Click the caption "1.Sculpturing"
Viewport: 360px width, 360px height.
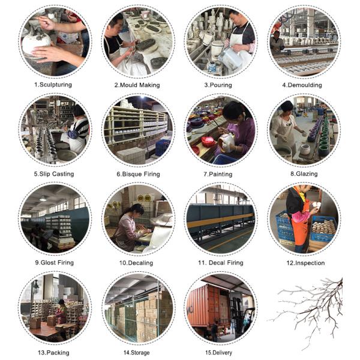[x=53, y=85]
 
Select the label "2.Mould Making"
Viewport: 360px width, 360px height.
[x=137, y=85]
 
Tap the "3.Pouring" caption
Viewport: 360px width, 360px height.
[x=218, y=85]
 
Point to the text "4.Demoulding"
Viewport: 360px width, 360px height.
[x=302, y=85]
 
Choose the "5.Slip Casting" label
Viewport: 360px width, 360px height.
[x=54, y=174]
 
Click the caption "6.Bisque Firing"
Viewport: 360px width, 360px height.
[x=138, y=174]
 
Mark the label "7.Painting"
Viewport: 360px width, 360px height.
[x=218, y=174]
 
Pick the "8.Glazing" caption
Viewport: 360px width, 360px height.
[x=304, y=174]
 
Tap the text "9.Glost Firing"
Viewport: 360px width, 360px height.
[x=54, y=263]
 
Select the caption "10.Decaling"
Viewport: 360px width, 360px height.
[x=136, y=263]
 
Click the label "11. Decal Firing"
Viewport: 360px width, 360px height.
[x=221, y=263]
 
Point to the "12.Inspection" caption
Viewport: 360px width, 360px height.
[x=305, y=263]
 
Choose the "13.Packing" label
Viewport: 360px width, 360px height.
[x=53, y=353]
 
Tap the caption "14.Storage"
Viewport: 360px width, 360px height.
[x=136, y=353]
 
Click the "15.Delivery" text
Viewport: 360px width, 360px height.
[x=218, y=352]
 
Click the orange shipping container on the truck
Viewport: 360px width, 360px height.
[x=202, y=305]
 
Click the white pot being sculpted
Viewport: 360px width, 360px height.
[x=36, y=43]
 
